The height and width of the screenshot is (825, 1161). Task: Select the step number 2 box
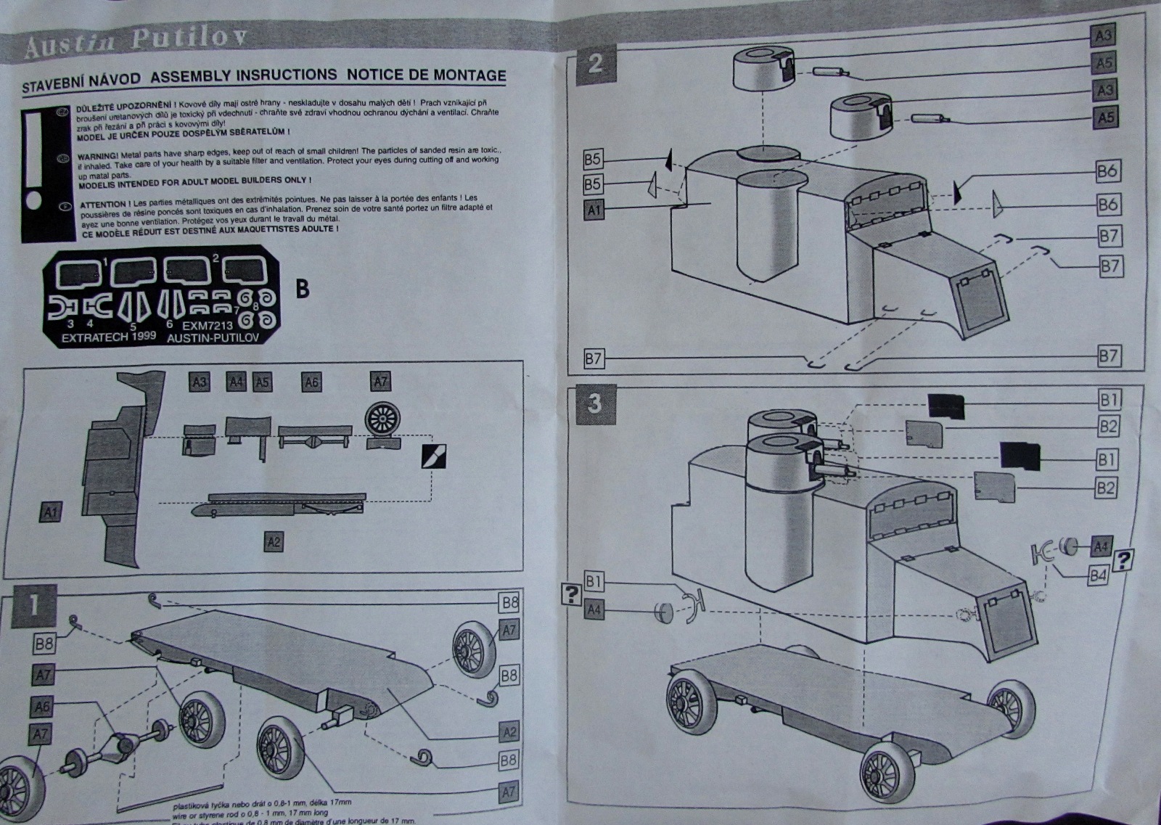coord(594,64)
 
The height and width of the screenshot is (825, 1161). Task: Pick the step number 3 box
coord(594,403)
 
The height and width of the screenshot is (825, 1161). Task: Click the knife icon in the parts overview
coord(434,456)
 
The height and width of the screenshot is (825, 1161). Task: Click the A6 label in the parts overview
coord(311,382)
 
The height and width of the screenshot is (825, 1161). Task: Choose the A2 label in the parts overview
coord(274,541)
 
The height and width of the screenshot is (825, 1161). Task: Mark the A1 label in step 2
coord(594,210)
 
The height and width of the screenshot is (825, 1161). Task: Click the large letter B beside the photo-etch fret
coord(303,289)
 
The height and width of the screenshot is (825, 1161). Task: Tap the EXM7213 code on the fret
coord(208,325)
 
